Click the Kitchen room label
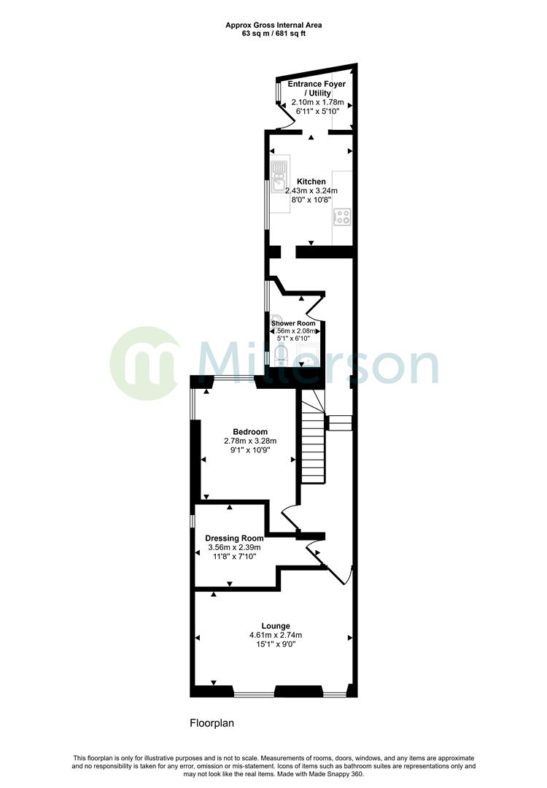[x=311, y=181]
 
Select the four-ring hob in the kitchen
[x=342, y=216]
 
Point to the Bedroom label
[x=250, y=431]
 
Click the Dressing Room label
[x=234, y=538]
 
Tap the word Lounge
[x=276, y=625]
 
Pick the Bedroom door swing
[x=289, y=517]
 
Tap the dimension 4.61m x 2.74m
[x=276, y=635]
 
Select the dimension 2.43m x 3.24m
[x=311, y=190]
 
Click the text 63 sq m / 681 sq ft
[x=273, y=34]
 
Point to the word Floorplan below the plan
[x=212, y=724]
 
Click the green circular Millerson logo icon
[x=144, y=363]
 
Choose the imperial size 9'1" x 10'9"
[x=250, y=450]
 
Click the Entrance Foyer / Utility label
[x=317, y=89]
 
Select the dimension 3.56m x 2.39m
[x=234, y=547]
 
